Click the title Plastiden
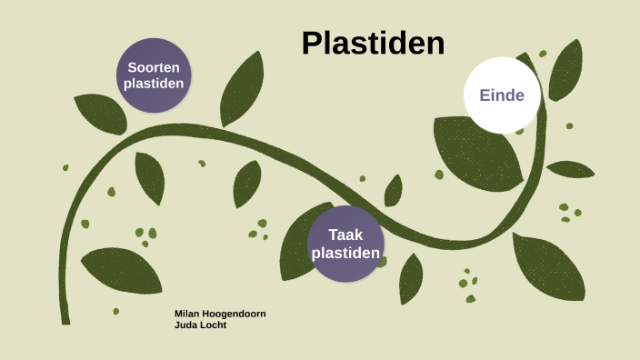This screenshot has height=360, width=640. (x=373, y=44)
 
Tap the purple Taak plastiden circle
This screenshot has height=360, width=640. (x=345, y=244)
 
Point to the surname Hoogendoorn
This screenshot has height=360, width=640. (x=235, y=314)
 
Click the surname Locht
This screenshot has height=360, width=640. (x=213, y=325)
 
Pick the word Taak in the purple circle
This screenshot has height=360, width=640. (x=345, y=235)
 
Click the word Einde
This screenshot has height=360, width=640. (x=502, y=95)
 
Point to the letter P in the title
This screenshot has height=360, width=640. (x=311, y=44)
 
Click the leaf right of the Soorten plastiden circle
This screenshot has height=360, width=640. (x=241, y=89)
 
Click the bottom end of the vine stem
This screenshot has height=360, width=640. (x=65, y=318)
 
